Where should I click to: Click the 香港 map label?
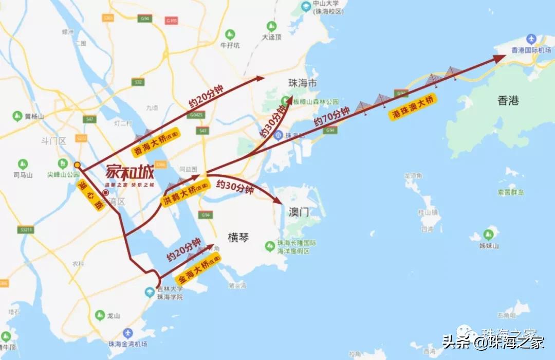[x=508, y=101]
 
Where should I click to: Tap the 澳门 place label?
[x=298, y=212]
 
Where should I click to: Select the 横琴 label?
[x=238, y=237]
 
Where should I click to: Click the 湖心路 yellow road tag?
[x=91, y=195]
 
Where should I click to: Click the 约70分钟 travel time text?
[x=331, y=117]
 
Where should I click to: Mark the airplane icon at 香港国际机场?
[x=531, y=40]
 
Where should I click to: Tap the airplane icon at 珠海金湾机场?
[x=127, y=333]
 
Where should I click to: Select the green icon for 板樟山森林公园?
[x=285, y=101]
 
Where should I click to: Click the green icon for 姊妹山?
[x=489, y=235]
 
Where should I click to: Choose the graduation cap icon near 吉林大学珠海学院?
[x=150, y=293]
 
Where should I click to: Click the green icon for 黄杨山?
[x=17, y=116]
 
